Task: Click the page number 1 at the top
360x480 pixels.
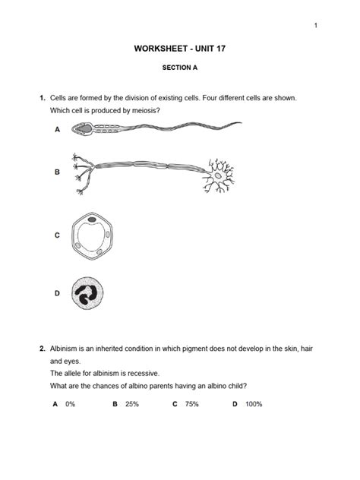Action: (314, 27)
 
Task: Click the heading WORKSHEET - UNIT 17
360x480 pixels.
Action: (180, 49)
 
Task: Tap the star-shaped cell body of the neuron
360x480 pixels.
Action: (221, 175)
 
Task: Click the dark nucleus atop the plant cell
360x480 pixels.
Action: (92, 221)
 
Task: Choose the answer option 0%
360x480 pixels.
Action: (70, 404)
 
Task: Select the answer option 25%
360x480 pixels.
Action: (131, 404)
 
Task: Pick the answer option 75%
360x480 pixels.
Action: (191, 404)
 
